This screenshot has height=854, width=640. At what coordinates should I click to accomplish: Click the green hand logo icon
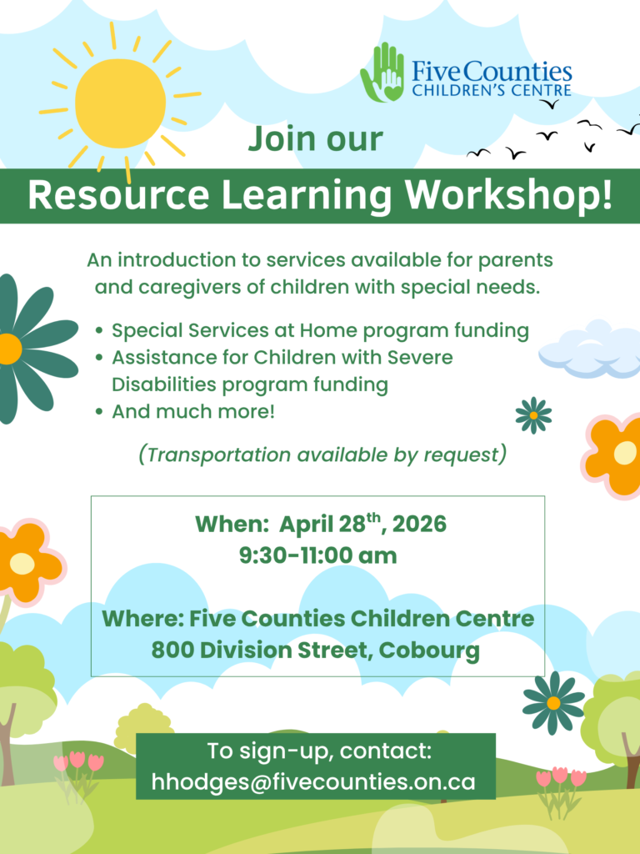(382, 73)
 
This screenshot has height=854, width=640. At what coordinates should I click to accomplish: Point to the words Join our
(315, 138)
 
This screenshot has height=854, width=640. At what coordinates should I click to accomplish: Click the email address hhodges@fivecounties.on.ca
(313, 782)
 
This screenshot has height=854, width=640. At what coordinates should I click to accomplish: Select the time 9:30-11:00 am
(318, 555)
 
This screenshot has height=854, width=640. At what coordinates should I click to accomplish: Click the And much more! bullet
(192, 411)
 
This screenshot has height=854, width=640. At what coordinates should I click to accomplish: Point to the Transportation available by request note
(322, 455)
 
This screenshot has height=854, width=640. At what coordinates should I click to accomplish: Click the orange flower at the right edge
(617, 455)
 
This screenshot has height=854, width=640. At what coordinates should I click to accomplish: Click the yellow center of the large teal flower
(8, 349)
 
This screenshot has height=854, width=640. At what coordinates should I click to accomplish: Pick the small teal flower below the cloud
(533, 414)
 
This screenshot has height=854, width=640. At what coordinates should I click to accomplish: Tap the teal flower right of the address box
(553, 702)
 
